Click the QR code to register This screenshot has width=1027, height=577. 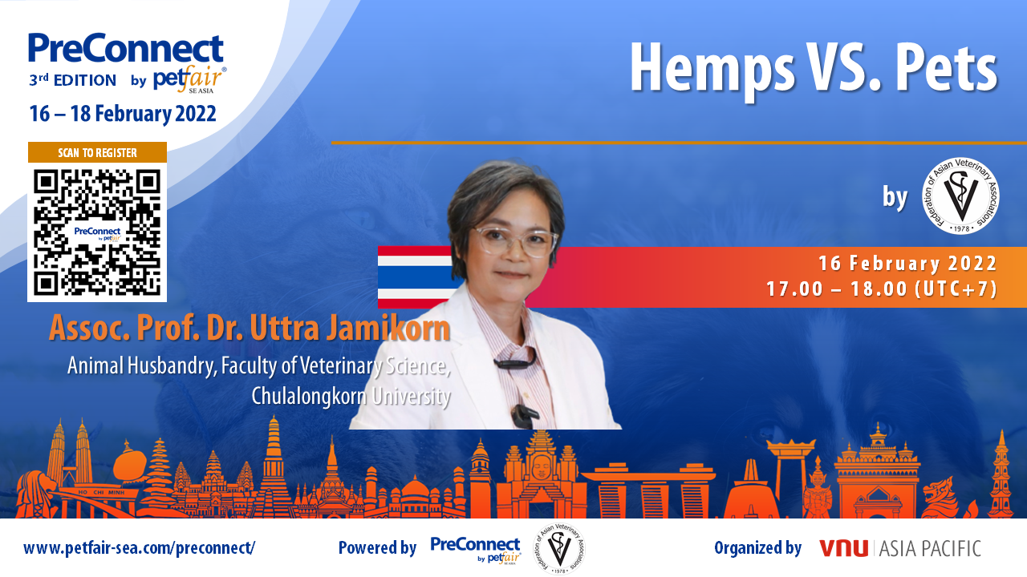(x=97, y=232)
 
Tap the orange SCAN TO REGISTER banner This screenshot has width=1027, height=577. (x=97, y=152)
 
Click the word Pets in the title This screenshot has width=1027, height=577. (x=946, y=68)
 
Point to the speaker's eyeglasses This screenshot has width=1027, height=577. (x=515, y=240)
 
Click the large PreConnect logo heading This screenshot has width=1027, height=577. (x=126, y=48)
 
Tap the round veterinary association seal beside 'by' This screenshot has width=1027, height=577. (x=960, y=196)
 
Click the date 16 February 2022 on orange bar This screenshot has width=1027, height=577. (x=907, y=264)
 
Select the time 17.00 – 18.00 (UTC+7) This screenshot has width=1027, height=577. (x=882, y=289)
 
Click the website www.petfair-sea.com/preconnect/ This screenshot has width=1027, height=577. (x=140, y=547)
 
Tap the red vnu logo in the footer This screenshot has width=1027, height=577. (x=843, y=548)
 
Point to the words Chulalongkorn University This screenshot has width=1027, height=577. (x=351, y=397)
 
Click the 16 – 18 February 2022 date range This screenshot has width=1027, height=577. (x=123, y=114)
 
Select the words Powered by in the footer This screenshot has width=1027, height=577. (x=377, y=547)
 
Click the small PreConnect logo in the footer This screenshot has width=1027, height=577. (x=476, y=550)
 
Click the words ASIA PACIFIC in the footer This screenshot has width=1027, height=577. (x=930, y=549)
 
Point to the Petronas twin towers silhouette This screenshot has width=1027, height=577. (x=69, y=454)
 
